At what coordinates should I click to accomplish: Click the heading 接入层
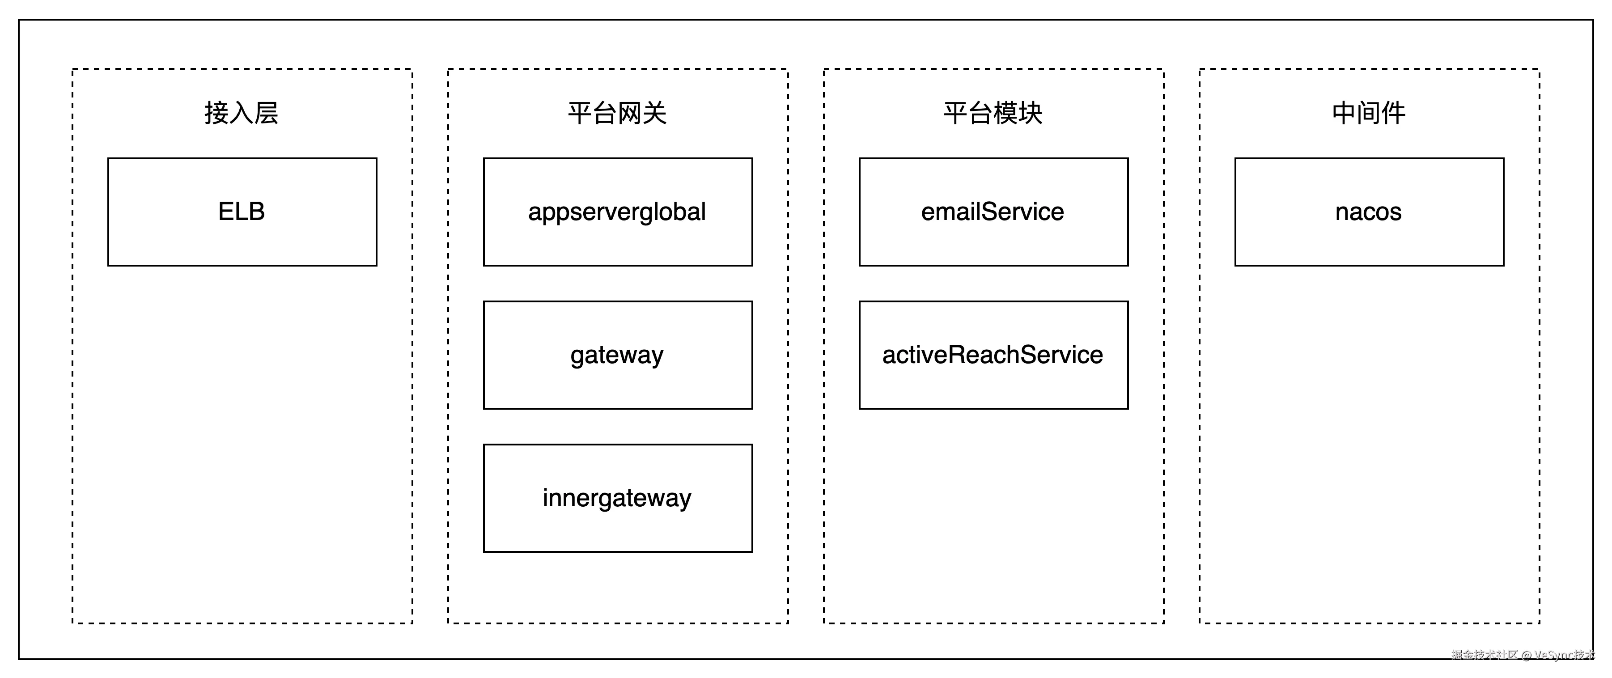point(242,113)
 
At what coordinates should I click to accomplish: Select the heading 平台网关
point(617,113)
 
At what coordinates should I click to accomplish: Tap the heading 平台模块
point(993,113)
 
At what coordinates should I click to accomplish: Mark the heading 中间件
point(1369,113)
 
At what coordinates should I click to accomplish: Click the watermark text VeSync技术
point(1565,655)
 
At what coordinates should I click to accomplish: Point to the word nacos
point(1369,212)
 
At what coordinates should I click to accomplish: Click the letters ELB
point(242,212)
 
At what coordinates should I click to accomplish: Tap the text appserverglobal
point(617,212)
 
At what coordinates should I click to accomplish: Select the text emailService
point(993,212)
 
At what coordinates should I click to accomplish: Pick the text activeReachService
point(993,355)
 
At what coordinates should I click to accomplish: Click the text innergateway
point(617,498)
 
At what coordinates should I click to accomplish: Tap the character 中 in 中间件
point(1344,113)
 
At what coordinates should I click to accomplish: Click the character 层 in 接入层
point(266,113)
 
